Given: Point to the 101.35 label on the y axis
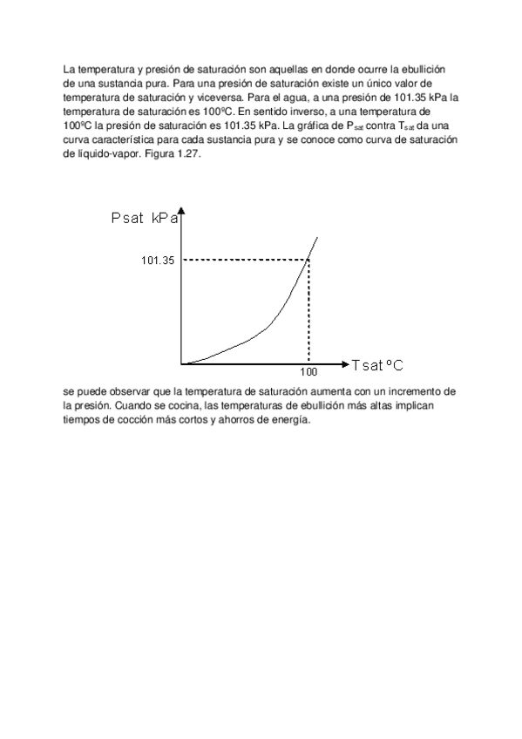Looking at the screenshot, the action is click(x=158, y=260).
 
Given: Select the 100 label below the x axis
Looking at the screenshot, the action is click(x=308, y=371).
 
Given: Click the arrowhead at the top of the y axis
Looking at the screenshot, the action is click(x=181, y=212).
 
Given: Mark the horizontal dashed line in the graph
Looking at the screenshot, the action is click(x=244, y=259).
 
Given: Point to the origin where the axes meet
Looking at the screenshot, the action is click(x=181, y=363).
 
